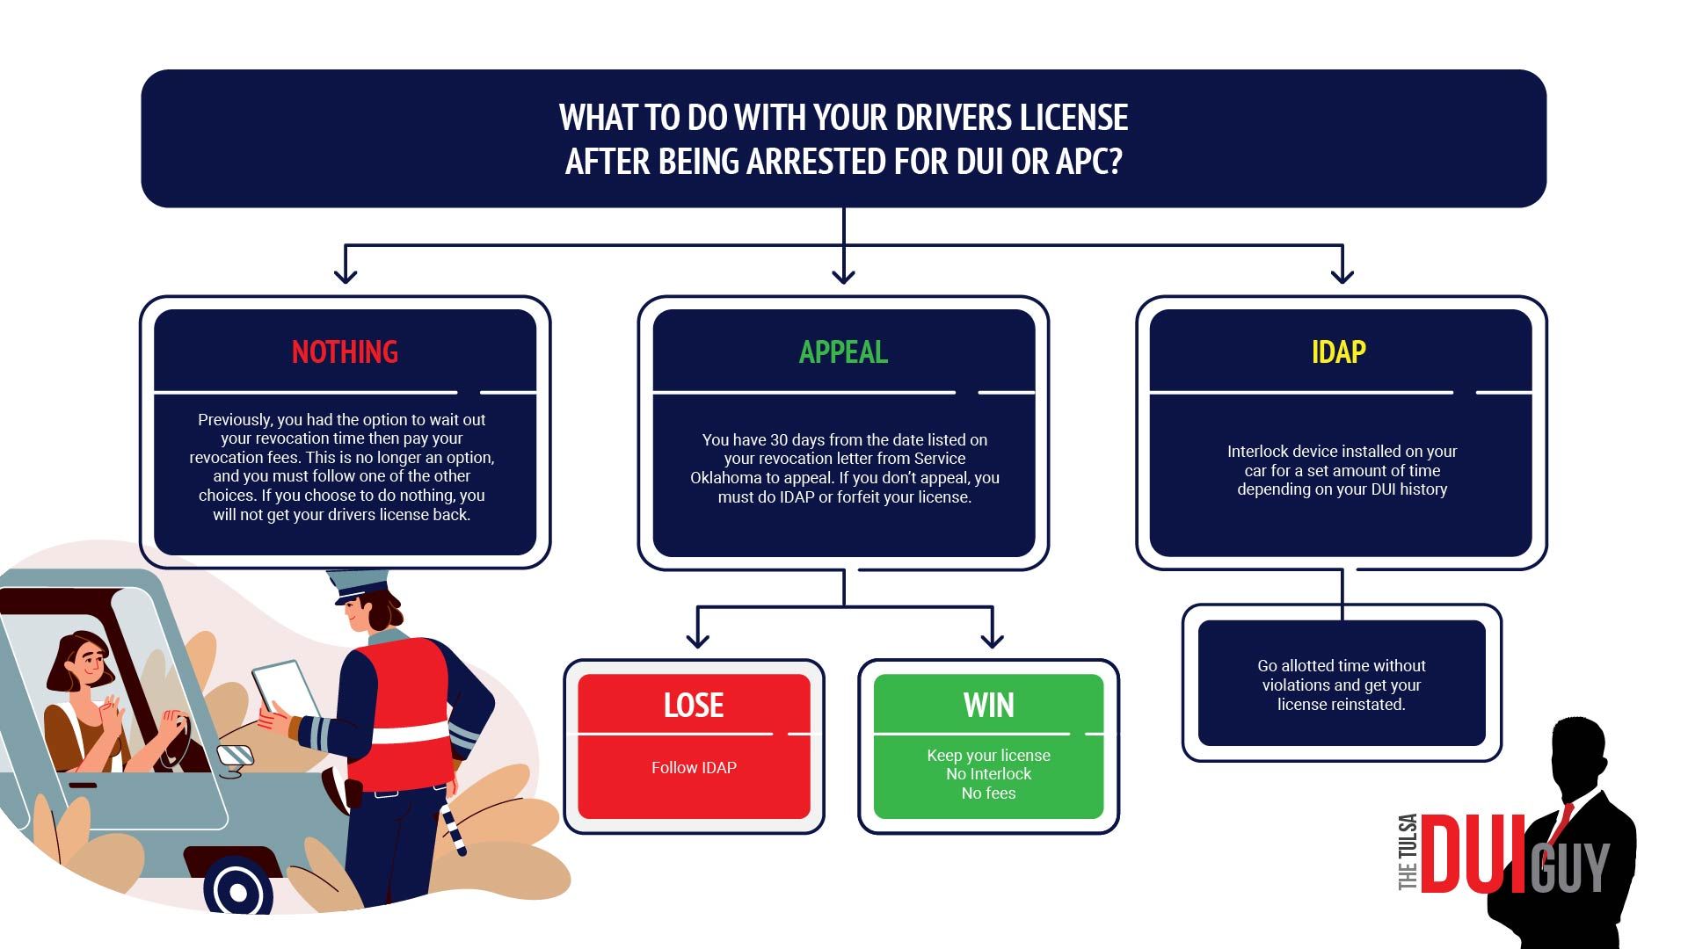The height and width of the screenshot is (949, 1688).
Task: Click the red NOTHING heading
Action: [345, 352]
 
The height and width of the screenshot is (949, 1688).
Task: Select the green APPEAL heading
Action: [843, 352]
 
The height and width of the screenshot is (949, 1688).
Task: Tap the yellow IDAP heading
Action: [1338, 352]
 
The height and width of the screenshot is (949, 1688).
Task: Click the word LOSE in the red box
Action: [693, 706]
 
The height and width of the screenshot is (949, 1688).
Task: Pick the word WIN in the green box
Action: [988, 706]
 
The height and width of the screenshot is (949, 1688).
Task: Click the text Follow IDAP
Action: [694, 767]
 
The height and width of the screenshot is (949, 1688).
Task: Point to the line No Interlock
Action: [988, 774]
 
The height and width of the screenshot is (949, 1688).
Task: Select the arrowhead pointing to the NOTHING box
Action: [346, 276]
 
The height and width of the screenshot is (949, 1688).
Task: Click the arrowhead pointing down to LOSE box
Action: [697, 640]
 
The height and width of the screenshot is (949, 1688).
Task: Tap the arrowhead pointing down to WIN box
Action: [992, 640]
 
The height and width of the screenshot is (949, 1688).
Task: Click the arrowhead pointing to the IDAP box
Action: [1342, 276]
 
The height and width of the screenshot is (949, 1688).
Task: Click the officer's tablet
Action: [286, 689]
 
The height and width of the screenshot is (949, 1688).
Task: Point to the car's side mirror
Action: [235, 757]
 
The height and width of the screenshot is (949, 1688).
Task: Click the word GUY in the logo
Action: [1570, 867]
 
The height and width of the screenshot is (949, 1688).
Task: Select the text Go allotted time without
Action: [1341, 666]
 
